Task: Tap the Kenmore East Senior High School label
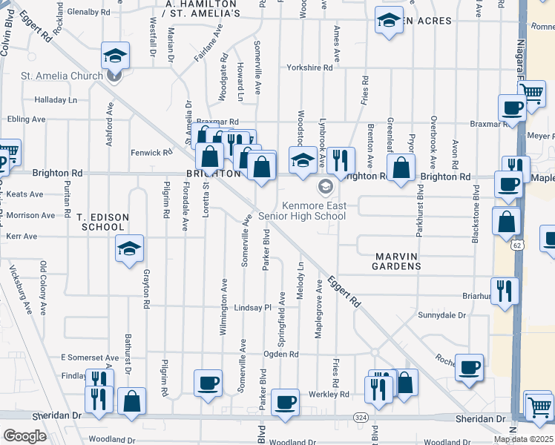tap(302, 211)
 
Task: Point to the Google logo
tap(24, 436)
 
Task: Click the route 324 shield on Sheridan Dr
tap(361, 418)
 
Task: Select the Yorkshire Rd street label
tap(310, 67)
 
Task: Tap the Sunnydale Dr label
tap(441, 315)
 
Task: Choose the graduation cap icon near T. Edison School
tap(129, 248)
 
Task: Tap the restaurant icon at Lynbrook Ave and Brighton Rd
tap(341, 161)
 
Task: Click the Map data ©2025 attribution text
tap(523, 439)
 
